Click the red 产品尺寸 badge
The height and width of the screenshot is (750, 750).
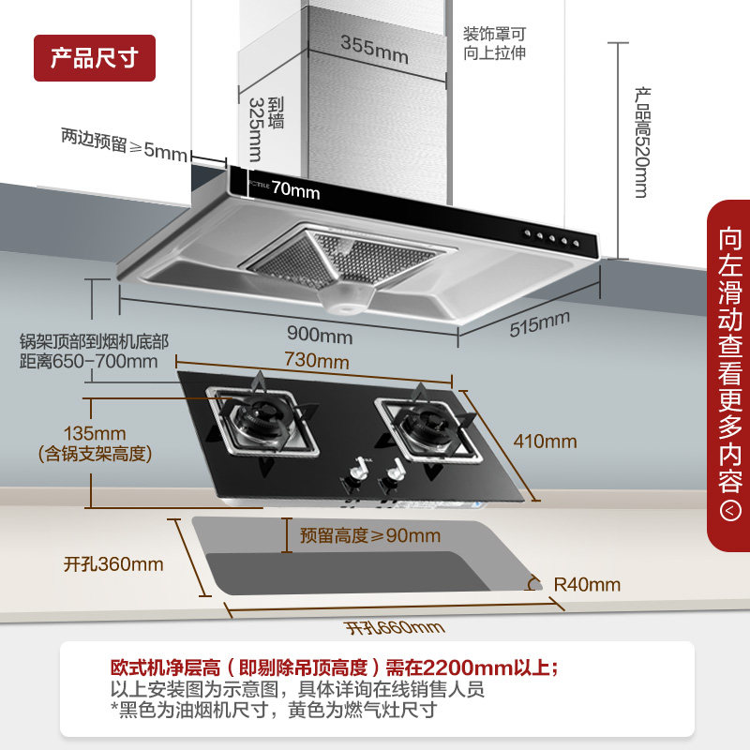94,58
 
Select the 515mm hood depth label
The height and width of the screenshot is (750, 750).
540,324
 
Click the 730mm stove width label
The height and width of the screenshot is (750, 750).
317,361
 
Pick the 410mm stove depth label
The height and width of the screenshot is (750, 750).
546,442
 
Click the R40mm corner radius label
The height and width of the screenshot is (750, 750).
588,585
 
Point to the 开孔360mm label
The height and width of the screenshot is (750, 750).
113,564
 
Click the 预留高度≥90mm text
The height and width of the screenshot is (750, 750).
369,536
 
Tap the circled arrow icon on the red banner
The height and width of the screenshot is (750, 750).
729,511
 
